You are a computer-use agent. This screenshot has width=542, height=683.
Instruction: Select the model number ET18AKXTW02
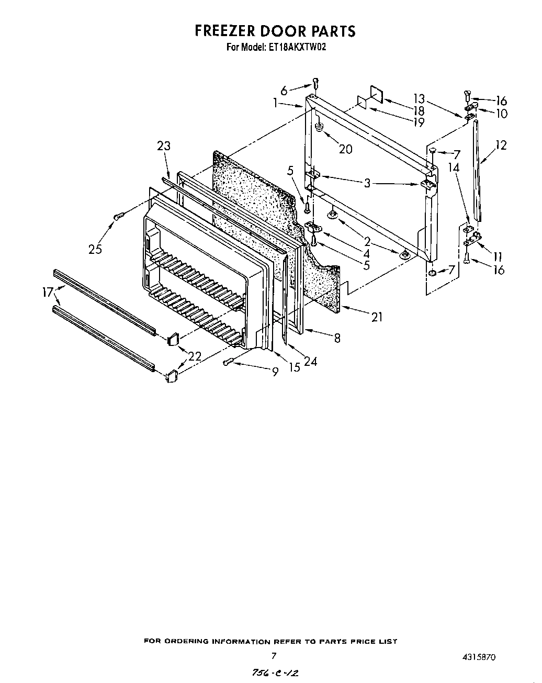297,47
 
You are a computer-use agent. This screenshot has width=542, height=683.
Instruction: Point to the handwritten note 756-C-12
277,673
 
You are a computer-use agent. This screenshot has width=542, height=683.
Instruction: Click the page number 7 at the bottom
273,655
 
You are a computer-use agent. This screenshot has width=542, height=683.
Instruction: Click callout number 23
164,146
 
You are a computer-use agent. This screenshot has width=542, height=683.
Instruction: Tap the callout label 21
377,316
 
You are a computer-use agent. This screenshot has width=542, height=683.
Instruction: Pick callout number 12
501,145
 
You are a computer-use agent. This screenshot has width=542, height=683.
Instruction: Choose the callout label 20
345,149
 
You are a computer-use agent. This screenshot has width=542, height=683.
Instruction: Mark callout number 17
48,293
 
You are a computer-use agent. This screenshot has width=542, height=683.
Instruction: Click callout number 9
275,372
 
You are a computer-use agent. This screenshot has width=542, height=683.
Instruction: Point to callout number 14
454,168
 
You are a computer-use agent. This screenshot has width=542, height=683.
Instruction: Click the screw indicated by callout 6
315,82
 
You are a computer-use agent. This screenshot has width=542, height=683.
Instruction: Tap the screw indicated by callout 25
119,215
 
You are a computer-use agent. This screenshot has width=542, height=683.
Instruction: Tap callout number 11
498,256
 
